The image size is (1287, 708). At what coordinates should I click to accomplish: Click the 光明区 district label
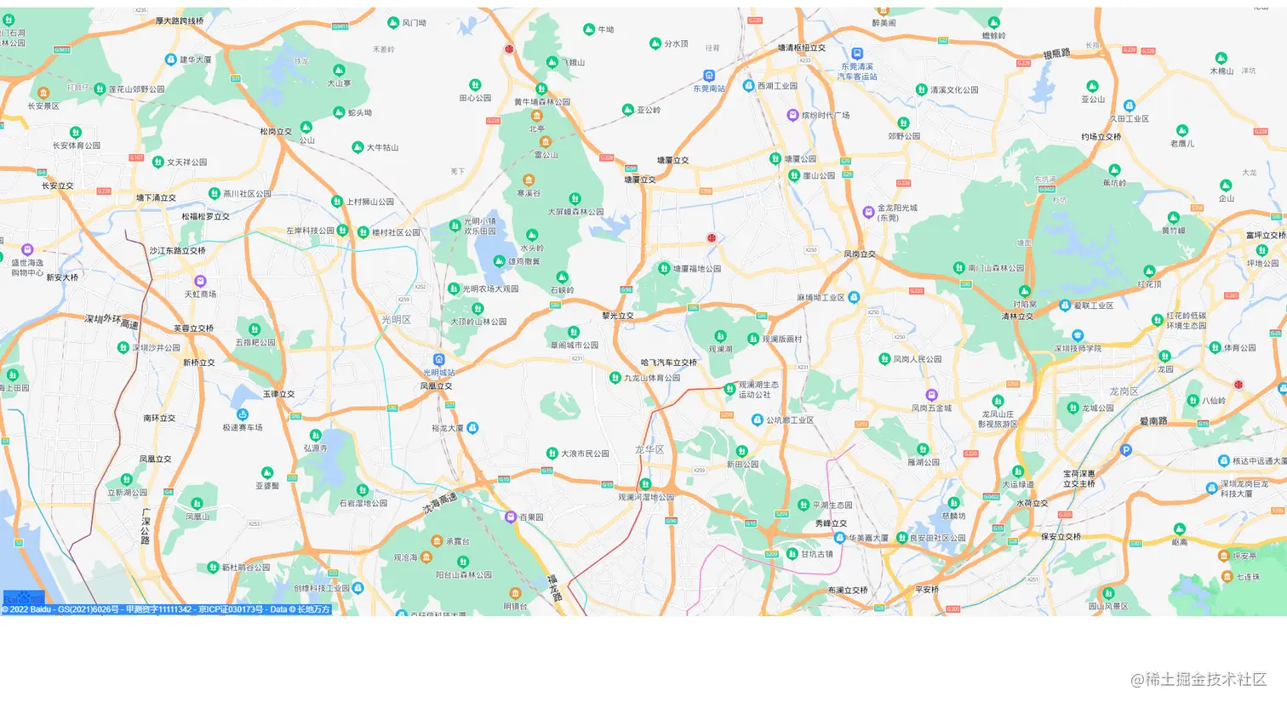click(x=396, y=320)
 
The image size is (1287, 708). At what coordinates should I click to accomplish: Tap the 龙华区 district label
click(x=649, y=448)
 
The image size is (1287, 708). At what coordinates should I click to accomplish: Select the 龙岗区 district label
click(x=1124, y=391)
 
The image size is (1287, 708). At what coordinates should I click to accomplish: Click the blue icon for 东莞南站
click(x=709, y=76)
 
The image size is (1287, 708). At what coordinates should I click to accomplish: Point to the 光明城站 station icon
click(x=439, y=360)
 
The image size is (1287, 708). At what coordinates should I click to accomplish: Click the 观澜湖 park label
click(x=720, y=349)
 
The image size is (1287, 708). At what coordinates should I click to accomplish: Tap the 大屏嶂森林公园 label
click(x=575, y=212)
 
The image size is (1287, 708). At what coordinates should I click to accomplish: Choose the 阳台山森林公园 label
click(x=464, y=574)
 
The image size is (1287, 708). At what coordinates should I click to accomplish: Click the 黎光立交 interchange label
click(x=618, y=316)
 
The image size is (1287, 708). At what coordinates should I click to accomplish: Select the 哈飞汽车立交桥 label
click(x=669, y=363)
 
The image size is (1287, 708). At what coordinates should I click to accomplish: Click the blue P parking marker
click(x=1126, y=450)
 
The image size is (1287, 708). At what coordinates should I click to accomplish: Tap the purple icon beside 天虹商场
click(x=201, y=281)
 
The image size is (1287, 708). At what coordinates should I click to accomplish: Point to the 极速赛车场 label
click(x=243, y=427)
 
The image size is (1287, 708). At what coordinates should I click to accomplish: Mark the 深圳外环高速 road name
click(x=112, y=321)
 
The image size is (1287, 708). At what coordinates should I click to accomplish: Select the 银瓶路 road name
click(x=1056, y=54)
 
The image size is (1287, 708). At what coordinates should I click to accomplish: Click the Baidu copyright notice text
click(x=166, y=609)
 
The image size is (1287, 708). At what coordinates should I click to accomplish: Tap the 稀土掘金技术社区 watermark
click(x=1198, y=679)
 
